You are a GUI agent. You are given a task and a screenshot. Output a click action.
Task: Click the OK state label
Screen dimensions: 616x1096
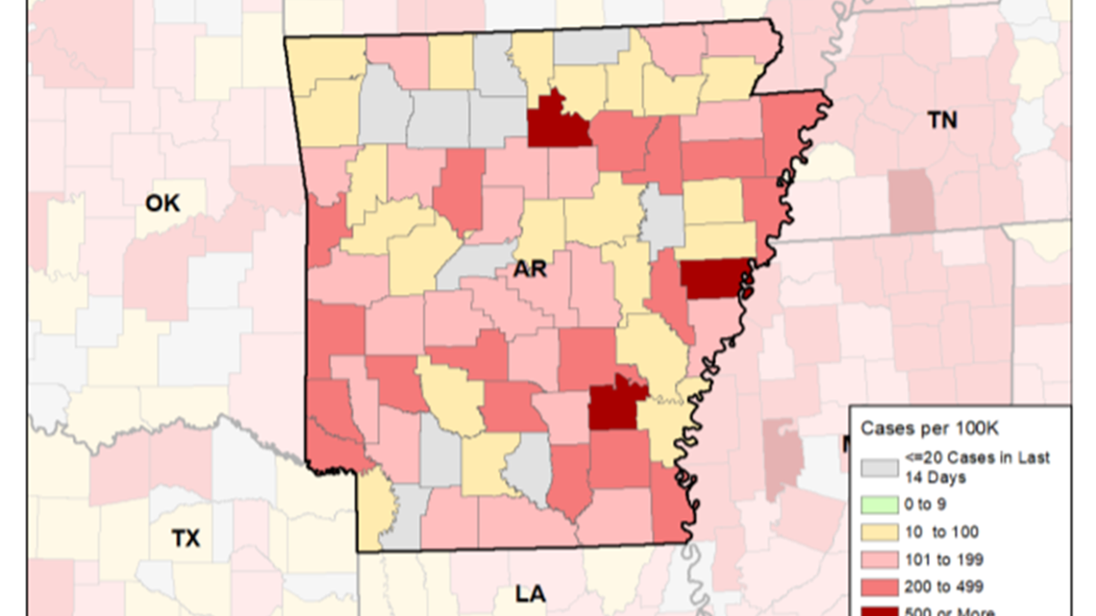[162, 203]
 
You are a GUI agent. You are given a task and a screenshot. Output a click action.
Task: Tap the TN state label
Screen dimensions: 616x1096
[941, 119]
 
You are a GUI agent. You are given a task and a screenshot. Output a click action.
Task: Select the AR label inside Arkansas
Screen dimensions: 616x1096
[530, 269]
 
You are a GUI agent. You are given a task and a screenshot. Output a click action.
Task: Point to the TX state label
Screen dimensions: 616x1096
[187, 538]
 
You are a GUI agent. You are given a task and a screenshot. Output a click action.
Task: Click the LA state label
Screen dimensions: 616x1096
[530, 594]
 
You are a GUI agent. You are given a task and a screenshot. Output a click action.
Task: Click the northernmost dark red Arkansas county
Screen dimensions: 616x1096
[557, 121]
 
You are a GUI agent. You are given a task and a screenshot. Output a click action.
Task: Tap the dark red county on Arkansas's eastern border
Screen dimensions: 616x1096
[714, 279]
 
